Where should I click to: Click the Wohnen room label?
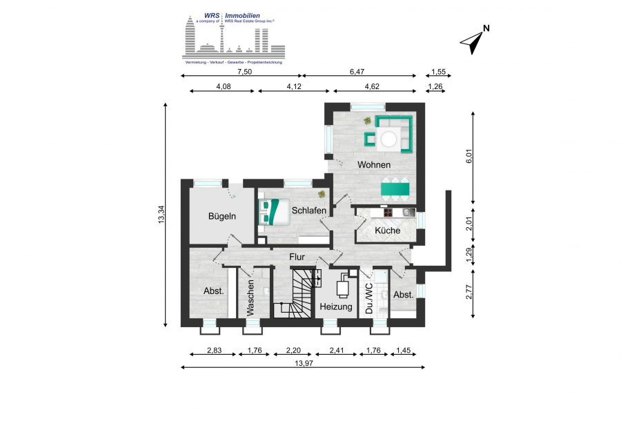point(374,164)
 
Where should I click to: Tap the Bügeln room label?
point(221,216)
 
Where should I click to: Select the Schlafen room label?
point(309,211)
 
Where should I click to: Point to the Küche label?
point(387,230)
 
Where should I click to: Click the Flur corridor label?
point(297,257)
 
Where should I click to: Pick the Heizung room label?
point(336,306)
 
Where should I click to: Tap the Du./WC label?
point(369,298)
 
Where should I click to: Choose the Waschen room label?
point(250,297)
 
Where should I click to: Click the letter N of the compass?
point(486,28)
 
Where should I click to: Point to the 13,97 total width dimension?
point(304,363)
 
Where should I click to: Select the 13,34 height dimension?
point(161,215)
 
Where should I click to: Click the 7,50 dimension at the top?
point(244,72)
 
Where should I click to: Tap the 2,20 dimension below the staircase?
point(293,350)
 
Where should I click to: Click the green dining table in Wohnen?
point(395,189)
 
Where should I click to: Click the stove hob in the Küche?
point(388,213)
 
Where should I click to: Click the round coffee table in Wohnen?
point(388,139)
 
